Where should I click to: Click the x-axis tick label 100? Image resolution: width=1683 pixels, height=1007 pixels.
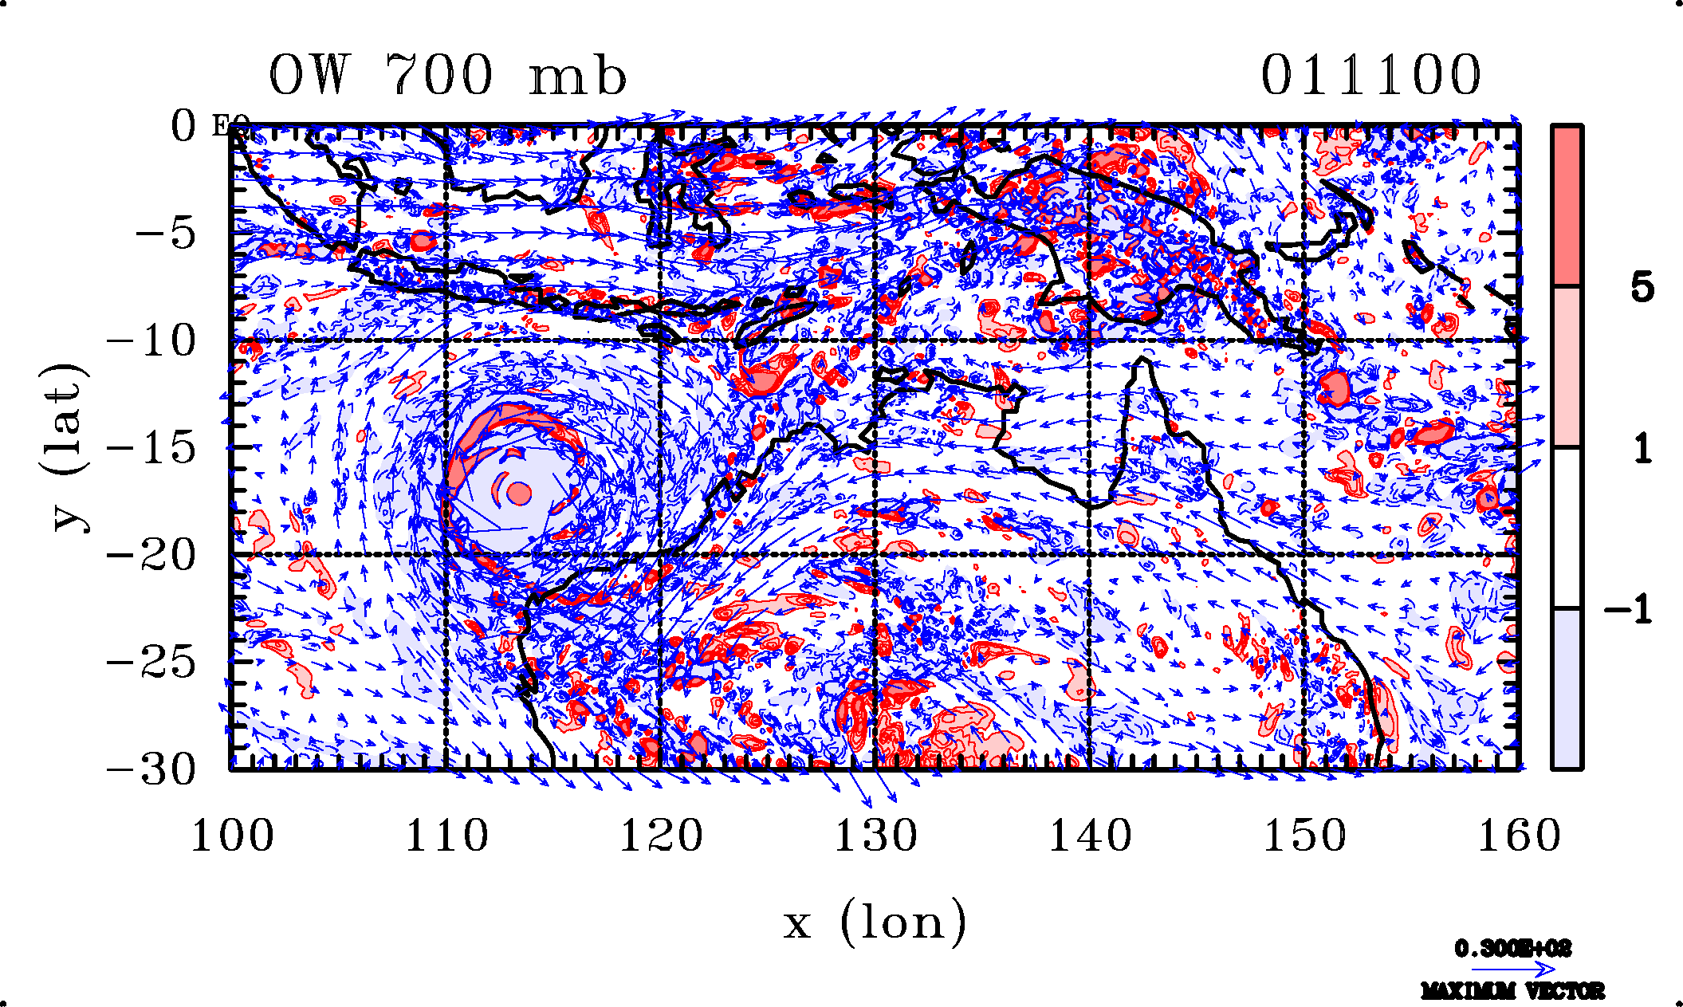point(232,837)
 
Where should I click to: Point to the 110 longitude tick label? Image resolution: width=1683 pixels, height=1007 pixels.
point(446,837)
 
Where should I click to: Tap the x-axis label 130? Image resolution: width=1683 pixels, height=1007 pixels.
point(875,837)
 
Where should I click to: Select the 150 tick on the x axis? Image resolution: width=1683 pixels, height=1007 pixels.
point(1304,837)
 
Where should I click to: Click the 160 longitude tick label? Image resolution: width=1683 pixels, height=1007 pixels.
point(1519,837)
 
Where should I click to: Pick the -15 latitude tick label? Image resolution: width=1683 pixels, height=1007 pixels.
point(151,448)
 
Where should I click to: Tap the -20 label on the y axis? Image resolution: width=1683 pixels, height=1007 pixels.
point(151,556)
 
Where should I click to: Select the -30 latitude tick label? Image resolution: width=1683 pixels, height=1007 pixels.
point(151,770)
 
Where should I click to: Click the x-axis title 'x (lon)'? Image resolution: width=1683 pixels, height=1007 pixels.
point(875,922)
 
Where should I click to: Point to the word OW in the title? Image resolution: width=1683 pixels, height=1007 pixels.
point(309,76)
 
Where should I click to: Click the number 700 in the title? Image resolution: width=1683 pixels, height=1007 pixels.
point(438,76)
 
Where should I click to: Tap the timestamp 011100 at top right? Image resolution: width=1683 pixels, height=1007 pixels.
point(1370,76)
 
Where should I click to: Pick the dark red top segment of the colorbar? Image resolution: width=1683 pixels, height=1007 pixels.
point(1567,205)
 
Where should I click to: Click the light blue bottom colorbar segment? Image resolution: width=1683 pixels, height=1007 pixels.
point(1567,689)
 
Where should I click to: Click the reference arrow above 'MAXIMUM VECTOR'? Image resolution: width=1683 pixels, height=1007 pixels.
point(1512,970)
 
